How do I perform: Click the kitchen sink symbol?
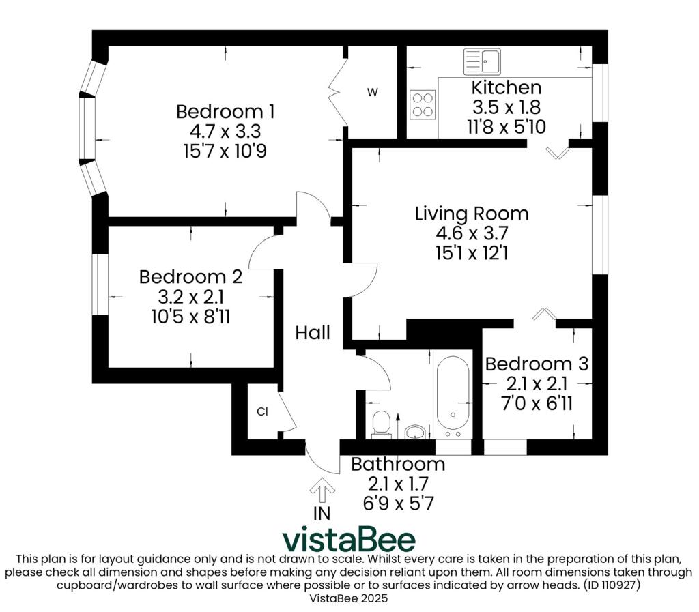click(482, 61)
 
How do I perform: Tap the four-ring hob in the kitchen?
click(423, 104)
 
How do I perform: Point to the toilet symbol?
click(381, 424)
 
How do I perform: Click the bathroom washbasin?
click(415, 431)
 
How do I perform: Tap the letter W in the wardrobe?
click(372, 92)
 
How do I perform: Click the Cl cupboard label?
click(262, 411)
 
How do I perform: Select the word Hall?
click(313, 333)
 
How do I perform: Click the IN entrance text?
click(322, 514)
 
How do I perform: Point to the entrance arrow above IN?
click(322, 491)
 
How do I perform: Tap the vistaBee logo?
click(349, 540)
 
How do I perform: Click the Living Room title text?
click(472, 214)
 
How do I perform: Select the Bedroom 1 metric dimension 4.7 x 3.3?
click(225, 132)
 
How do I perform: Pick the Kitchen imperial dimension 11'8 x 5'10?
click(507, 128)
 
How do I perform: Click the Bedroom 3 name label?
click(537, 364)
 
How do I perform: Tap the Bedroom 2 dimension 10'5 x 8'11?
click(191, 317)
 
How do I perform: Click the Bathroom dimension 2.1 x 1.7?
click(398, 484)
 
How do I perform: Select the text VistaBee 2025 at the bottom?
click(349, 598)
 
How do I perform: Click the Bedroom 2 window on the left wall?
click(100, 285)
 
